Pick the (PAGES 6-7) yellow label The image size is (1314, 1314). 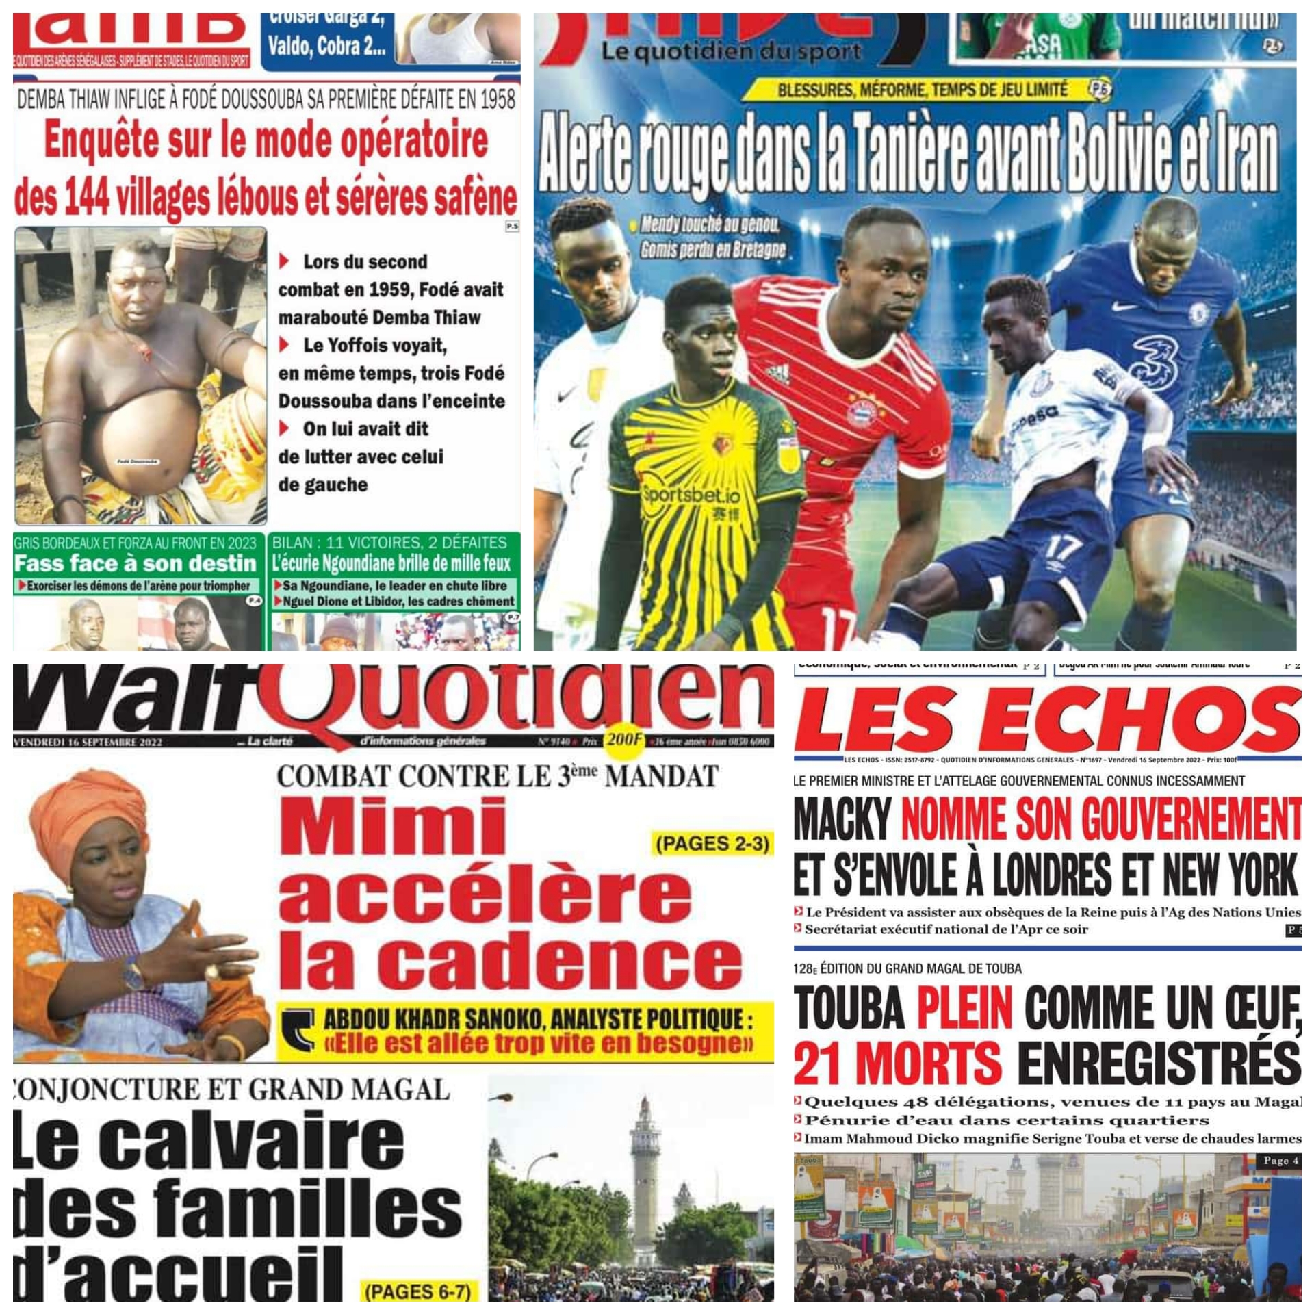pyautogui.click(x=417, y=1291)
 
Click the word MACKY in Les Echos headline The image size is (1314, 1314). pyautogui.click(x=842, y=820)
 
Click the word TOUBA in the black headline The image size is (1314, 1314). pyautogui.click(x=849, y=1009)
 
